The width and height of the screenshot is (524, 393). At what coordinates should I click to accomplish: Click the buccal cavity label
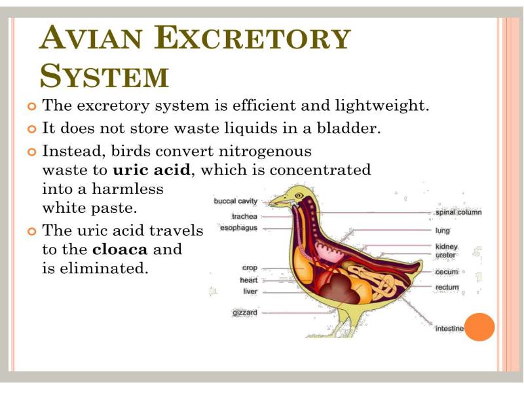click(x=236, y=201)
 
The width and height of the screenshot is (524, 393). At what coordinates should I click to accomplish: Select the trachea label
click(x=244, y=215)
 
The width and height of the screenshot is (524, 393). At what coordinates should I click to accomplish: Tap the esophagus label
click(x=239, y=228)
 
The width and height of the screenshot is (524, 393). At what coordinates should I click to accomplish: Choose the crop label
click(x=250, y=268)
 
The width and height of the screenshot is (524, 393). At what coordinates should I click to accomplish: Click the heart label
click(x=248, y=280)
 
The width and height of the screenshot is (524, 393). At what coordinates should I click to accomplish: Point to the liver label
click(x=250, y=291)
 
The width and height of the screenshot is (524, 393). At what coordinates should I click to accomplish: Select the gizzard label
click(x=245, y=312)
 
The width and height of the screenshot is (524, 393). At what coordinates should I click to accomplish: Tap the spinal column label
click(x=458, y=212)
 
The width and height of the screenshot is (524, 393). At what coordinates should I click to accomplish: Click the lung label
click(x=442, y=231)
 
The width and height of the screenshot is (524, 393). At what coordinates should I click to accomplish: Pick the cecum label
click(x=447, y=272)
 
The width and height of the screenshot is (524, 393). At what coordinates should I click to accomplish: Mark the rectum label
click(x=447, y=288)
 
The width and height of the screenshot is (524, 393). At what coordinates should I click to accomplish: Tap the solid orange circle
click(x=479, y=327)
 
